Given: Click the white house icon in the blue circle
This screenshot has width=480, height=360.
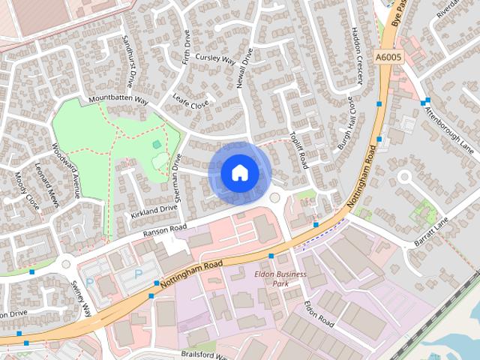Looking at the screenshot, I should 240,172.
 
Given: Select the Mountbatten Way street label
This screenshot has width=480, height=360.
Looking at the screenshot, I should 118,100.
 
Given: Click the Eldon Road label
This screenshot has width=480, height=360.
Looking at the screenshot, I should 319,313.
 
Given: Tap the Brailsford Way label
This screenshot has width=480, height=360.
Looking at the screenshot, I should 202,352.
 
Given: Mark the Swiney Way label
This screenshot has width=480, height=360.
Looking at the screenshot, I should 82,297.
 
